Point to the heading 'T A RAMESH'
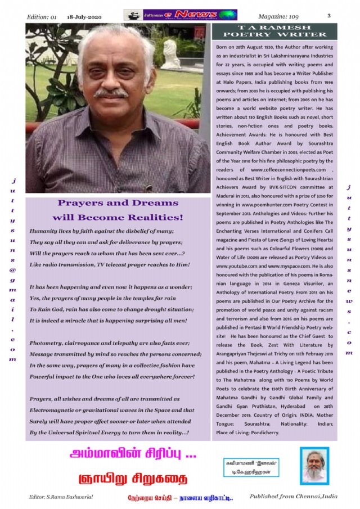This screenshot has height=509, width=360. (x=274, y=27)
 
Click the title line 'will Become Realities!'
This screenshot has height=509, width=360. (x=118, y=217)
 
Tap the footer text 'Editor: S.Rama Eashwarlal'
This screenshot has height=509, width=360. (x=61, y=498)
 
